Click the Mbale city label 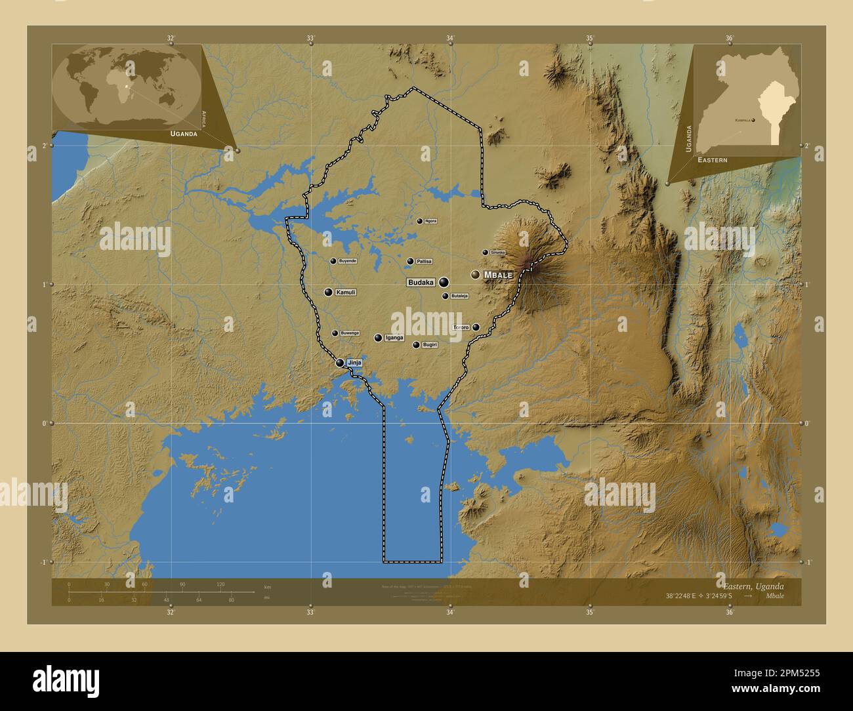point(498,275)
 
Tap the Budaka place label point(421,283)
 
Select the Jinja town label point(354,363)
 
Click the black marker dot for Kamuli point(328,292)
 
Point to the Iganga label point(394,338)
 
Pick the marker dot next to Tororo point(476,327)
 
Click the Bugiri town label point(429,345)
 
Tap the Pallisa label point(424,261)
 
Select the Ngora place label point(430,221)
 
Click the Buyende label point(348,261)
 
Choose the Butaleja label point(459,296)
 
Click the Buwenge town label point(350,333)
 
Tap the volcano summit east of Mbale point(528,263)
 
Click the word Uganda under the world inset point(184,133)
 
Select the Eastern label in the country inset point(713,160)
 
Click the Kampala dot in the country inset point(753,120)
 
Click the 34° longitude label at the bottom point(450,613)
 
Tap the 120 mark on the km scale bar point(220,584)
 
